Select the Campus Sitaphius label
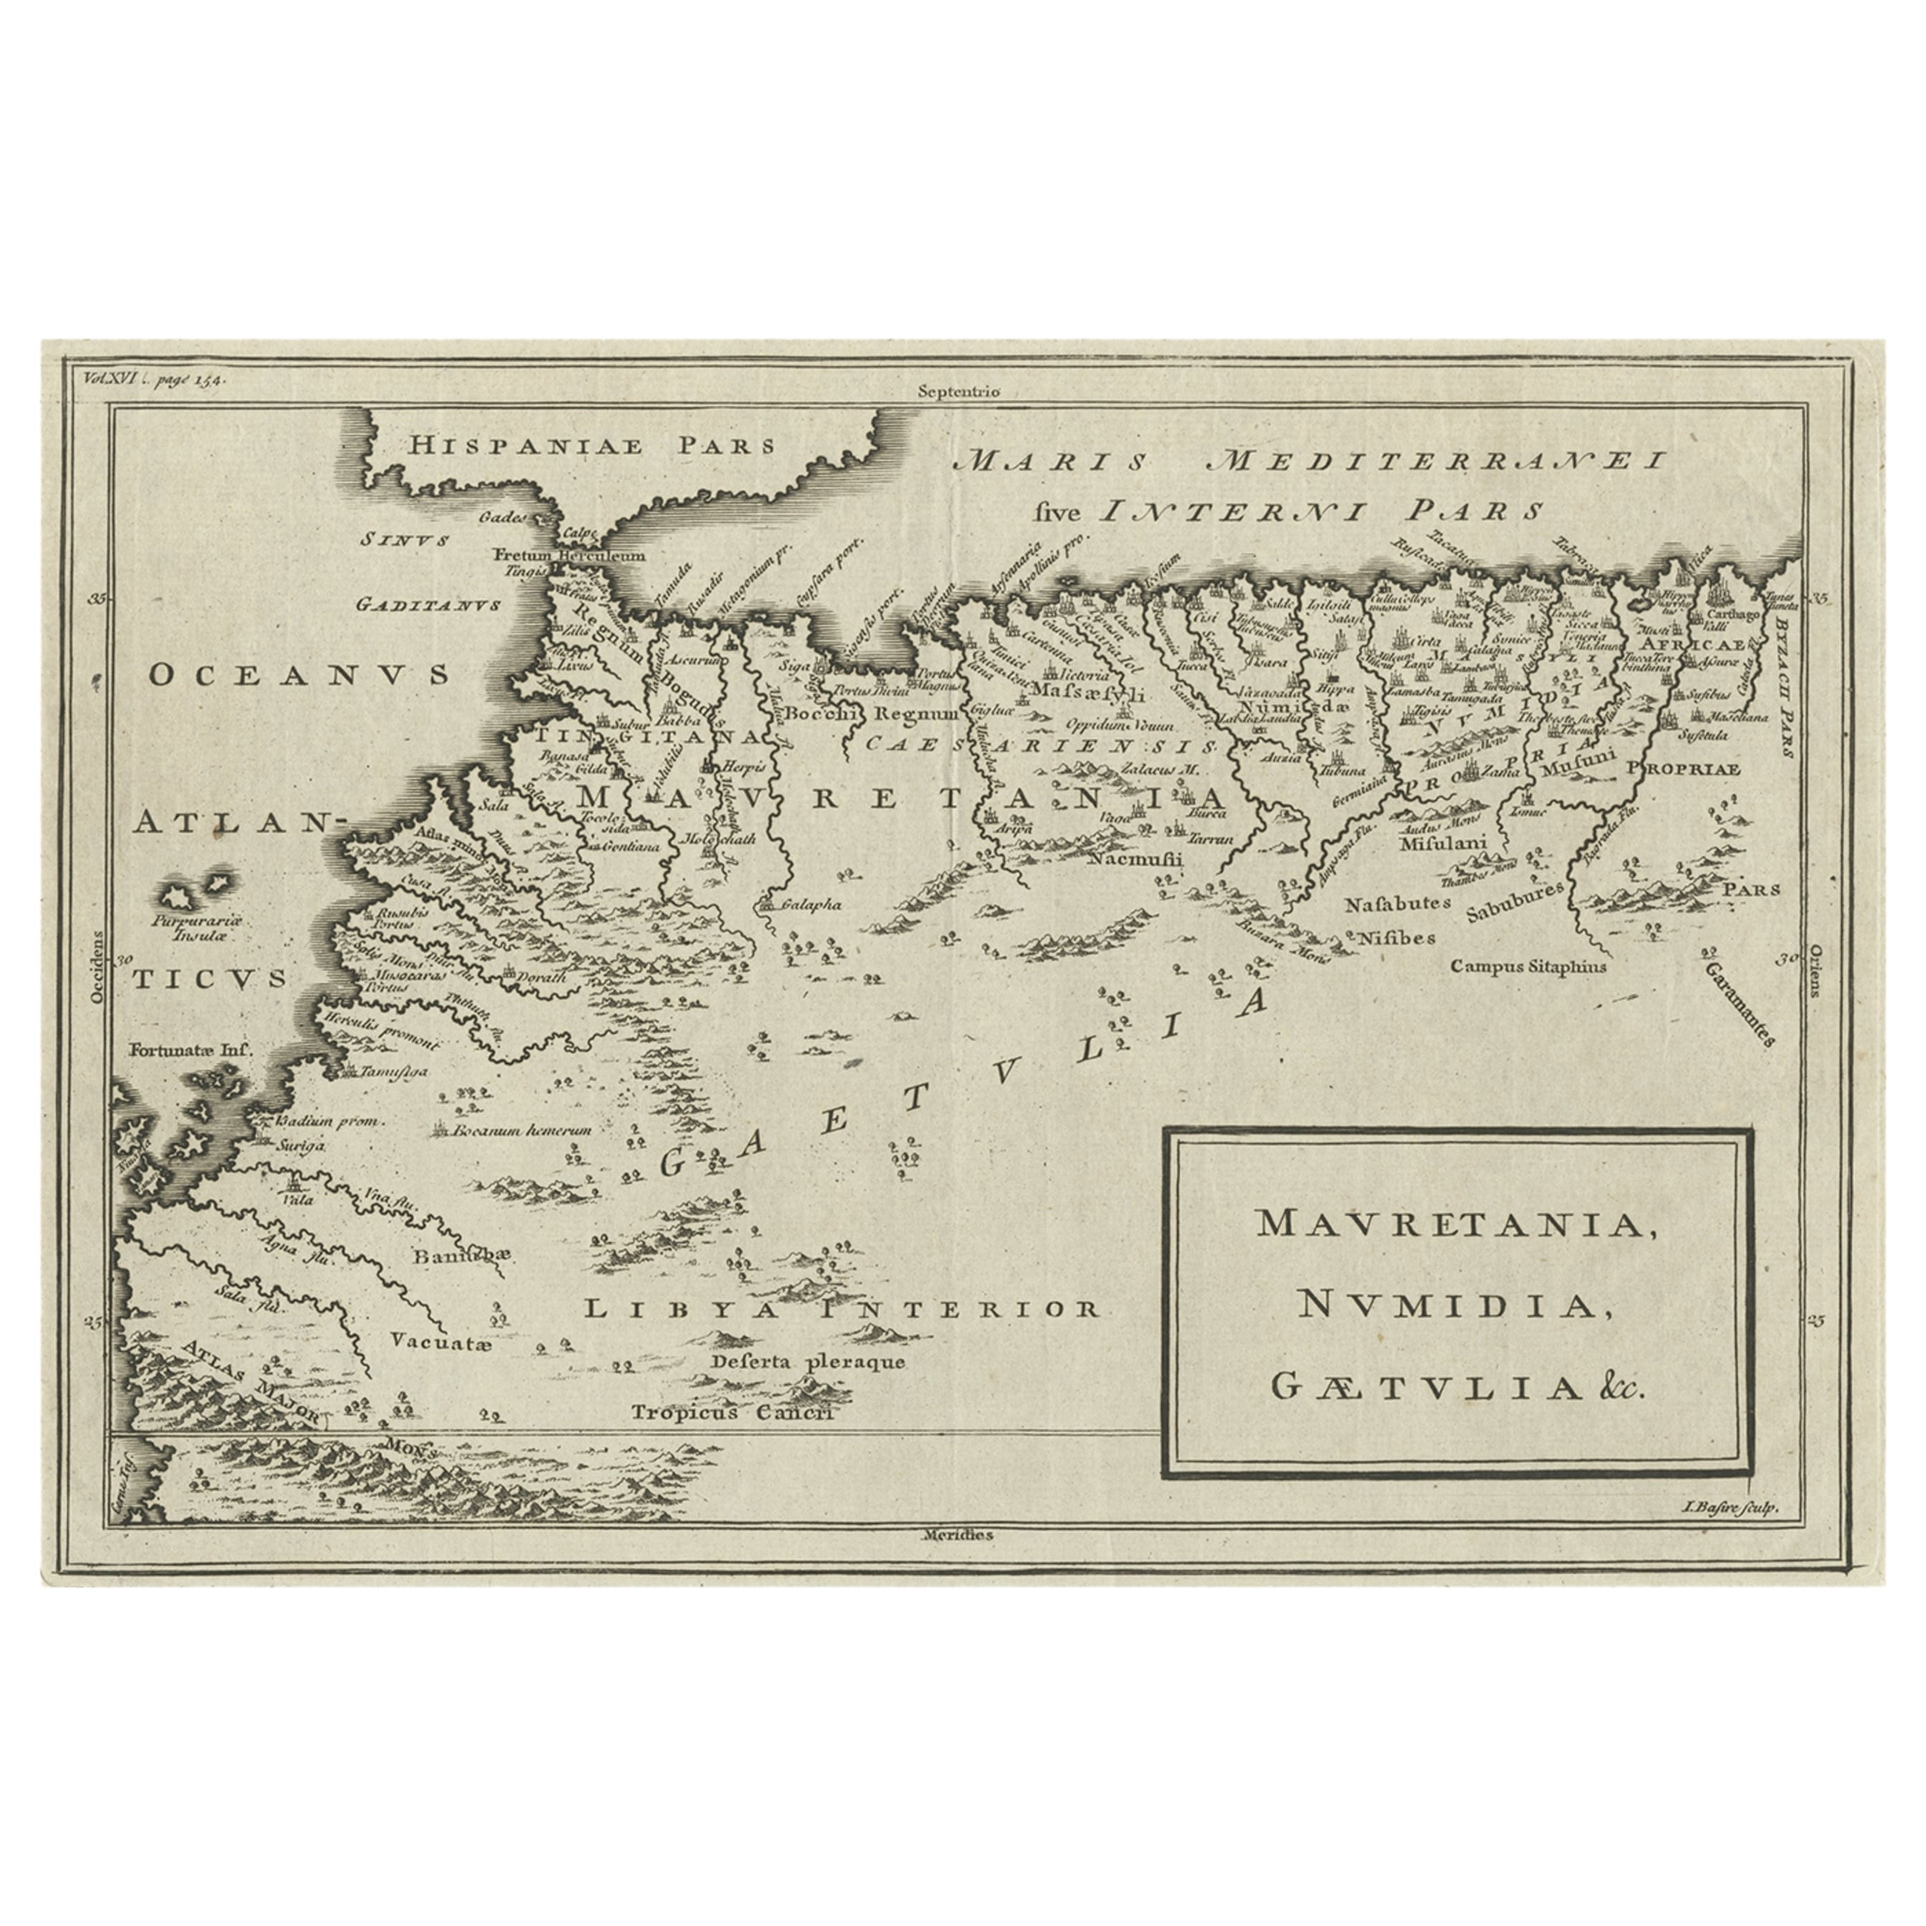pyautogui.click(x=1528, y=966)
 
